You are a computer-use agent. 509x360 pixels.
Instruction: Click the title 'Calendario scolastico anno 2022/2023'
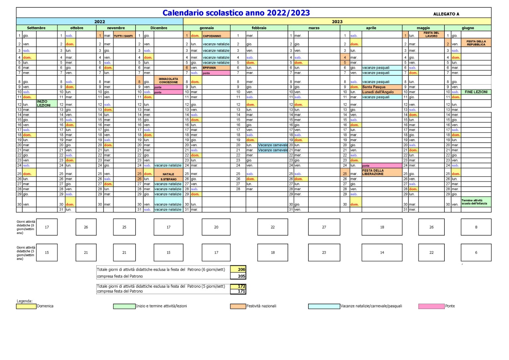(236, 13)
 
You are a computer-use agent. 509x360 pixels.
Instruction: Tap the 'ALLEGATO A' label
(446, 14)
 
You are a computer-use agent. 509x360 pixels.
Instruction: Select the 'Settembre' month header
(36, 28)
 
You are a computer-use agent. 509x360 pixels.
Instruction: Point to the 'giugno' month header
(468, 28)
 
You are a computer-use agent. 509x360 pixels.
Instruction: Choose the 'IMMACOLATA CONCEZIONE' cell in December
(168, 81)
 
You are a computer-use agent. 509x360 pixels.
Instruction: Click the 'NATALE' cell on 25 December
(168, 174)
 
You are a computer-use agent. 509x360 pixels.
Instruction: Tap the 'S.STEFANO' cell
(168, 179)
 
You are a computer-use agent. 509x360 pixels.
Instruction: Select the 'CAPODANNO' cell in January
(216, 36)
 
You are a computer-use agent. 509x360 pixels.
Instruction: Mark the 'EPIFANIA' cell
(216, 68)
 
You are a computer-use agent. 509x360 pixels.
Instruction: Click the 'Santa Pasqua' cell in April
(382, 87)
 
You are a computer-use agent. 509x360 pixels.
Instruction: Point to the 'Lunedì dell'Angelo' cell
(382, 92)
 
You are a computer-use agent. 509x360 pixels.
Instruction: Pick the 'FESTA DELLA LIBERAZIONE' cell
(382, 172)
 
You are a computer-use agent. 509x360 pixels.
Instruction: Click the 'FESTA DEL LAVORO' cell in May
(431, 34)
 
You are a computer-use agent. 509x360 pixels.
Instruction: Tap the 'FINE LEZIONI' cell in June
(476, 92)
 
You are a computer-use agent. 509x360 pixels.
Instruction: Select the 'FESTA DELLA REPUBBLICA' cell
(476, 43)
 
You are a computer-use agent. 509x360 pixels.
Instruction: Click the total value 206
(241, 269)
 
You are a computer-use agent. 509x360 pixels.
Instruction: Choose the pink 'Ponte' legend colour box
(431, 306)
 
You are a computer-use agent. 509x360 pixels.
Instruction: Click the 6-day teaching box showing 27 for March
(324, 227)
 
